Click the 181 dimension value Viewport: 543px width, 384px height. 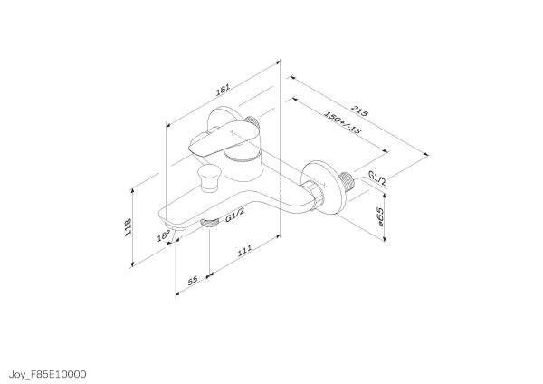click(x=222, y=91)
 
